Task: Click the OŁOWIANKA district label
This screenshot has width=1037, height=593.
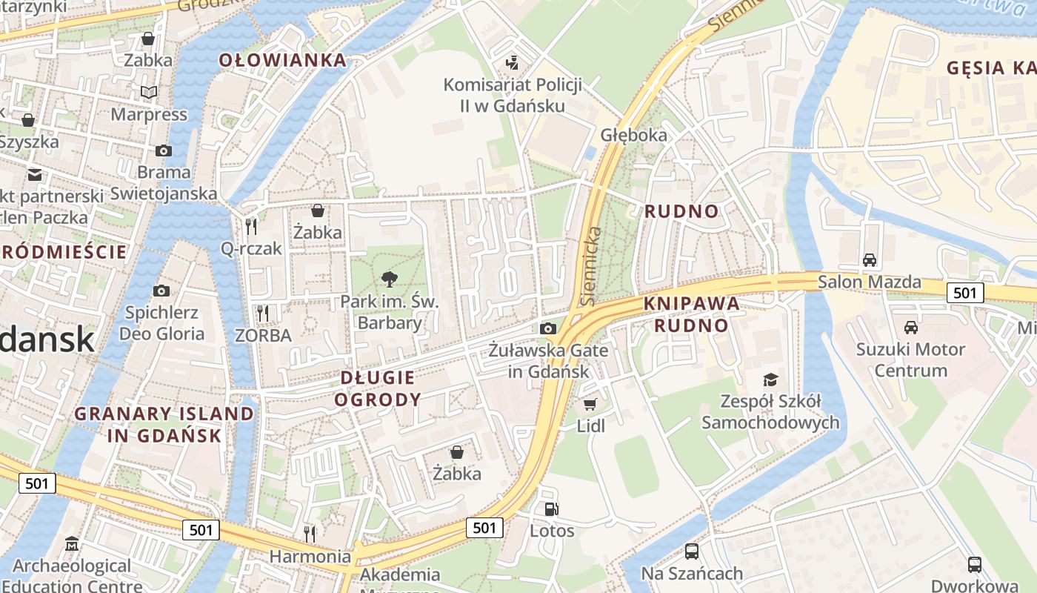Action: pyautogui.click(x=283, y=60)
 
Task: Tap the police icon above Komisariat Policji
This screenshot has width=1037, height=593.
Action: pyautogui.click(x=511, y=63)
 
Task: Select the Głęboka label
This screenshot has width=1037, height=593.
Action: pyautogui.click(x=634, y=135)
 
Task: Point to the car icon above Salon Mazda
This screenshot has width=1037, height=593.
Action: pyautogui.click(x=870, y=259)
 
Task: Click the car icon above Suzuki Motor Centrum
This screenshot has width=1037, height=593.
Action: pyautogui.click(x=910, y=327)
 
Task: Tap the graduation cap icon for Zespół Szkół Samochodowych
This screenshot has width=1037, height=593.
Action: pyautogui.click(x=770, y=380)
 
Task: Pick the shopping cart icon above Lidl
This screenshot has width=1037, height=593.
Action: pyautogui.click(x=590, y=404)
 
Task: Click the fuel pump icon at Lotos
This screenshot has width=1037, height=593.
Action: pyautogui.click(x=551, y=508)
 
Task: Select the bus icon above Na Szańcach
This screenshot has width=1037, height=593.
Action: pyautogui.click(x=691, y=551)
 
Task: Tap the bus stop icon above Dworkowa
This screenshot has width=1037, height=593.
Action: pyautogui.click(x=975, y=564)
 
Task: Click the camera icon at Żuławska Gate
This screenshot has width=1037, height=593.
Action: pyautogui.click(x=548, y=328)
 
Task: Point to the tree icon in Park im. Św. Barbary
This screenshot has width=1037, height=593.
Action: pyautogui.click(x=389, y=279)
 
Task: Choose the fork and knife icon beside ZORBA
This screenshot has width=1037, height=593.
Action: pyautogui.click(x=262, y=313)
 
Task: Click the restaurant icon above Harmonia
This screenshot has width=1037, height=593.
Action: pyautogui.click(x=310, y=533)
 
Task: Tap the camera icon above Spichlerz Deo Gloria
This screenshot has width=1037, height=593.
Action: pyautogui.click(x=161, y=291)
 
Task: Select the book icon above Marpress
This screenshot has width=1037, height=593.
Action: pyautogui.click(x=149, y=92)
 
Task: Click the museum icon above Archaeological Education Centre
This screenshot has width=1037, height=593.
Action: pyautogui.click(x=72, y=545)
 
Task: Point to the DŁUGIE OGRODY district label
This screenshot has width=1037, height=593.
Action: pyautogui.click(x=378, y=388)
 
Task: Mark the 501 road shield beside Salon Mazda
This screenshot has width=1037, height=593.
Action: pyautogui.click(x=965, y=293)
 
